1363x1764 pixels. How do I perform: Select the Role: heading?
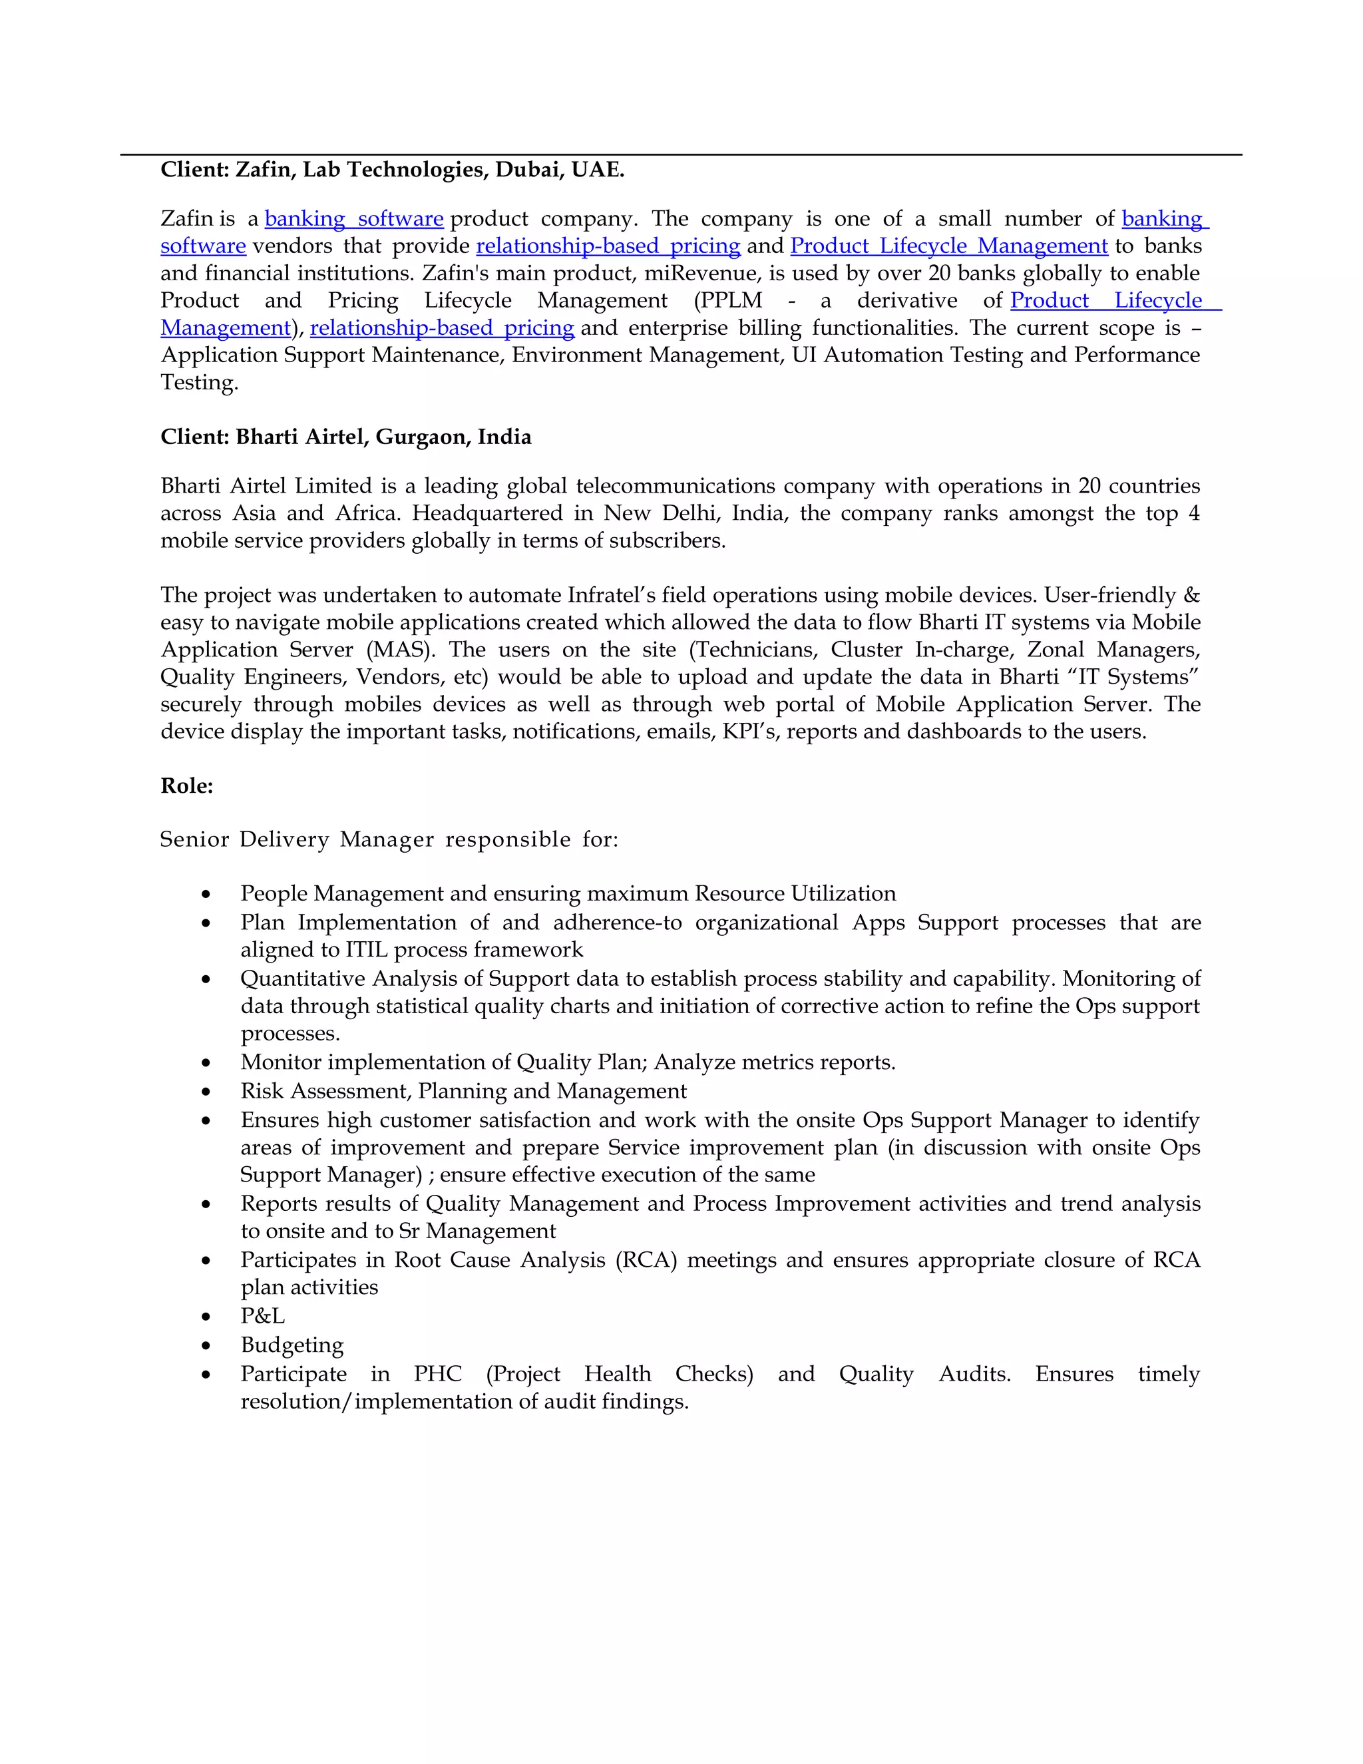coord(186,786)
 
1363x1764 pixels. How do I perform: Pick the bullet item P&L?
coord(262,1316)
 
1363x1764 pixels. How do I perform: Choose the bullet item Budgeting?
coord(292,1345)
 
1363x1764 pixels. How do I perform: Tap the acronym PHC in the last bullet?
coord(438,1374)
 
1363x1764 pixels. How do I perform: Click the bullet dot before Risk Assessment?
coord(207,1092)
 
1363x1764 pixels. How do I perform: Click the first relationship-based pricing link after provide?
coord(608,246)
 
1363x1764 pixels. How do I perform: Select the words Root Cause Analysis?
coord(499,1260)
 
